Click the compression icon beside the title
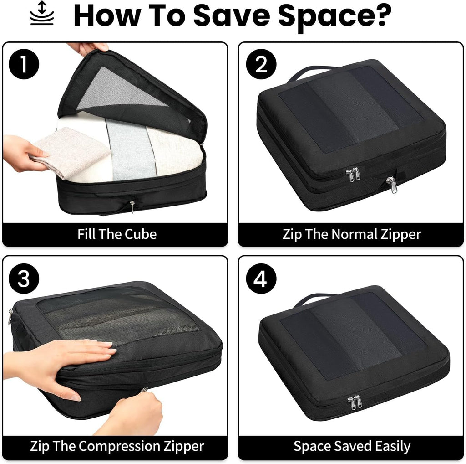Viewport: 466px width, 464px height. point(42,14)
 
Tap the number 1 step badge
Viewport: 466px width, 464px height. point(24,65)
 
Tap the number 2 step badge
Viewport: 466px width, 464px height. point(261,65)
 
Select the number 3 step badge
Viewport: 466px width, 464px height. point(24,278)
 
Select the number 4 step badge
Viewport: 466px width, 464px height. point(261,278)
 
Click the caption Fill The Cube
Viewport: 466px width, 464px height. point(116,234)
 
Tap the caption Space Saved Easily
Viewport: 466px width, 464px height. point(352,445)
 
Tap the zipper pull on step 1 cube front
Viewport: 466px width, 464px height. point(132,206)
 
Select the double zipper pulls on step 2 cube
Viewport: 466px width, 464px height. point(353,174)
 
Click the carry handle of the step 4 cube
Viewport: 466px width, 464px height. point(314,299)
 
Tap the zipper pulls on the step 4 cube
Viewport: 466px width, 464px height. point(353,402)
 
